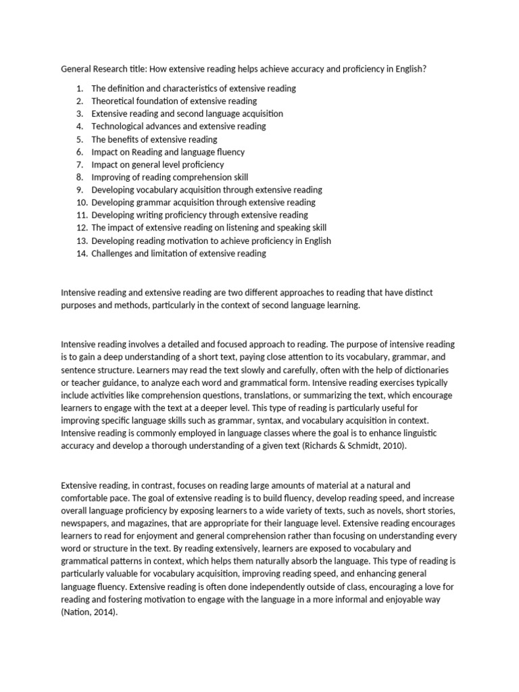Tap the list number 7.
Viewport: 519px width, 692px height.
[79, 164]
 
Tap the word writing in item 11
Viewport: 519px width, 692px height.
[150, 215]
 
